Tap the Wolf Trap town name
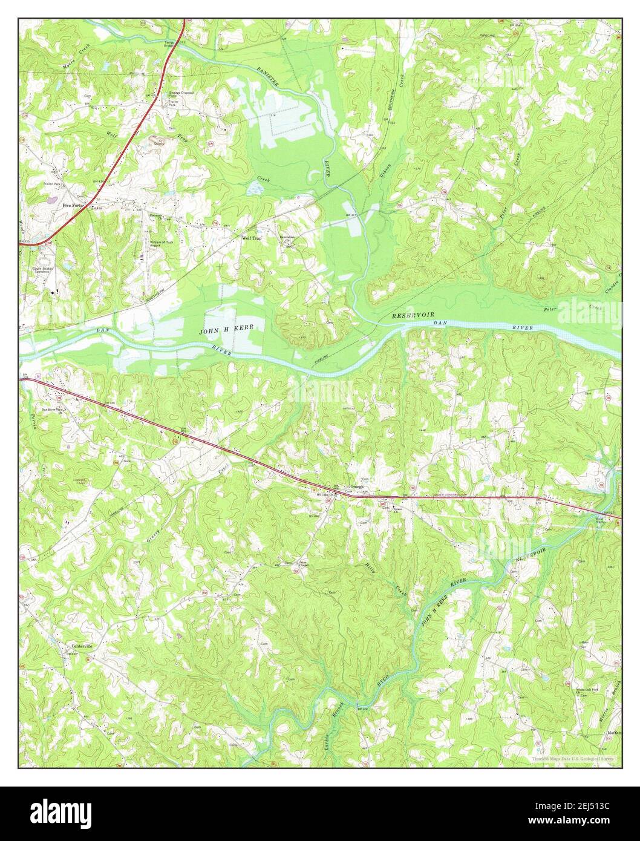tap(251, 238)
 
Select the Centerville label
tap(79, 646)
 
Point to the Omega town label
tap(357, 486)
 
